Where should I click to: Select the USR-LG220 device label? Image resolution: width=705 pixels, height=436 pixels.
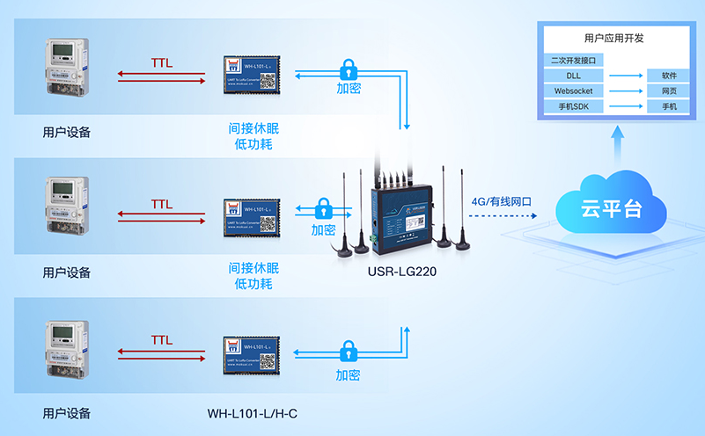(402, 272)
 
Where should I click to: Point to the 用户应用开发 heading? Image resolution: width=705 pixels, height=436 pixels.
(613, 39)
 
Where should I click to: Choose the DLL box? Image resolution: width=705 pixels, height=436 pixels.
(574, 76)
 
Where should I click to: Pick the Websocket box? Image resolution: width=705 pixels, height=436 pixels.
(574, 91)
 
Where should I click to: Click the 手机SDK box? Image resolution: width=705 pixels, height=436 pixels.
(574, 106)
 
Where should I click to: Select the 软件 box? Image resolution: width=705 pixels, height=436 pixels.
(668, 76)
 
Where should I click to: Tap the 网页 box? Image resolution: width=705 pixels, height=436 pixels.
(668, 91)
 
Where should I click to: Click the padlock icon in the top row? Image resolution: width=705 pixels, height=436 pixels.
(348, 69)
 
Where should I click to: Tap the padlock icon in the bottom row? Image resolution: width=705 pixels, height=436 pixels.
(348, 352)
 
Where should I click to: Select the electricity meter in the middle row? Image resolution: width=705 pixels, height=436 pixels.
(67, 206)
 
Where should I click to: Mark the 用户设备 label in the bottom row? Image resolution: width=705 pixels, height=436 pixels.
(67, 413)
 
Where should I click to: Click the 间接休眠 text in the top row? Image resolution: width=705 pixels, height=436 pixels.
(253, 127)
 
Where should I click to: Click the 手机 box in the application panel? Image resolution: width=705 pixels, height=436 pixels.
(668, 106)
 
